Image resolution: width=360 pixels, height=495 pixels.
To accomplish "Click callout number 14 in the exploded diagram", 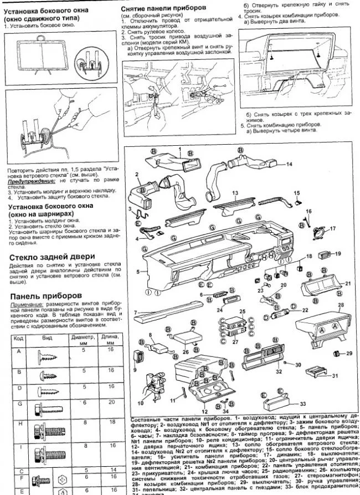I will point(289,165).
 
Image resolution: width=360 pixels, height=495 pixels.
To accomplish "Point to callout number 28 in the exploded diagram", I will point(341,305).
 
